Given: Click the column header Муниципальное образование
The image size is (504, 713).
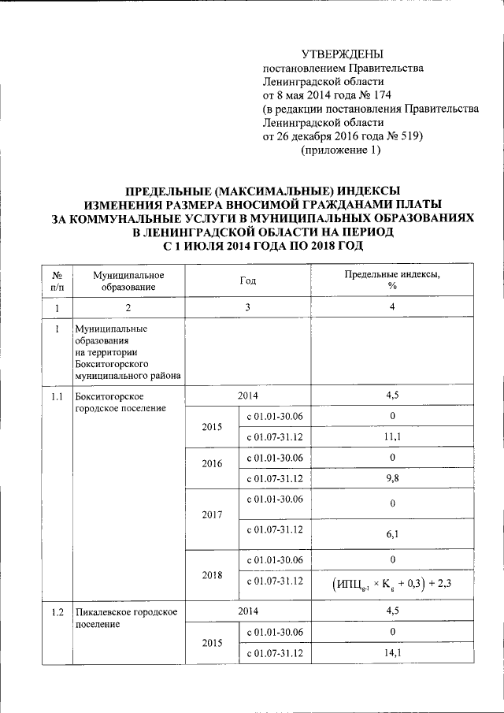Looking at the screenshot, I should (x=128, y=280).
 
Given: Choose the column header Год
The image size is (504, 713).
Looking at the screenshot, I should (x=248, y=280).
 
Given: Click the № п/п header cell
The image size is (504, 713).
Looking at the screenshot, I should (x=57, y=280).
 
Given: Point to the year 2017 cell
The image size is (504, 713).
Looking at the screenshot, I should (x=210, y=514).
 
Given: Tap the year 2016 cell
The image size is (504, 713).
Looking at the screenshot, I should (x=210, y=464).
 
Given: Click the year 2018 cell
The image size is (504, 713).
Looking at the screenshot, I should (x=210, y=575).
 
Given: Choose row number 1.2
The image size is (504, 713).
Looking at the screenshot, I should (x=57, y=612).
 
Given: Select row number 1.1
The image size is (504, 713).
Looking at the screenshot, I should (x=57, y=396).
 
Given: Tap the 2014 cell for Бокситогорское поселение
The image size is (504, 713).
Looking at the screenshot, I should (x=248, y=395).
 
